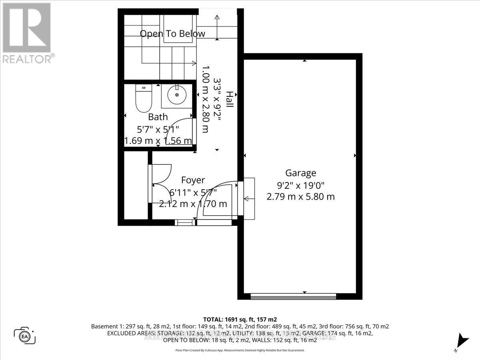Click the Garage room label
[300, 173]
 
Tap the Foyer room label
[193, 180]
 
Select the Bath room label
[158, 117]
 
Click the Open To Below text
[172, 34]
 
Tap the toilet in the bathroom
[144, 99]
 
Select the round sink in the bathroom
[177, 96]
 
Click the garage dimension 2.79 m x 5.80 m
[300, 197]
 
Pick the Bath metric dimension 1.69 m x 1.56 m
[158, 141]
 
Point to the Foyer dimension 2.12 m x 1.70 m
[193, 204]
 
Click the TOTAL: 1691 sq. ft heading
[240, 319]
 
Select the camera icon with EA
[25, 336]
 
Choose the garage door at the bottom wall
[293, 296]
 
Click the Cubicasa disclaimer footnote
[240, 350]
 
